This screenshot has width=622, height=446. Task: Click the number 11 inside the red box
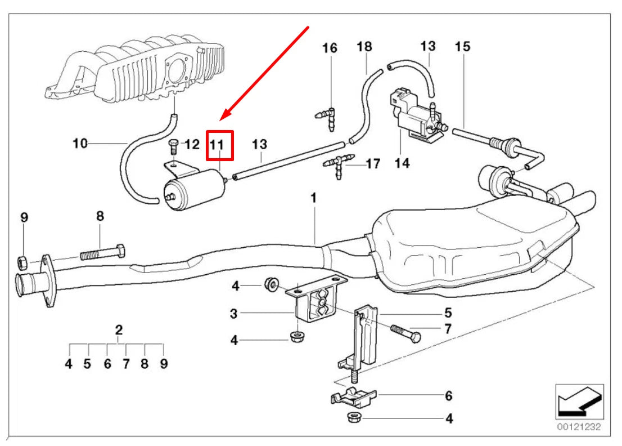click(x=218, y=145)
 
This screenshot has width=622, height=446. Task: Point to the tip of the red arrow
click(x=220, y=119)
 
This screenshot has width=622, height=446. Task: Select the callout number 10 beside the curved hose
click(x=80, y=144)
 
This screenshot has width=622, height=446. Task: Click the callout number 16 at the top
click(x=330, y=48)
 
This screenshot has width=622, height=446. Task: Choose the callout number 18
click(x=364, y=46)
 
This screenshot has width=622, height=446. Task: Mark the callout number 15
click(x=462, y=46)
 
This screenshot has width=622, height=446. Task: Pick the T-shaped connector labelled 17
click(x=339, y=164)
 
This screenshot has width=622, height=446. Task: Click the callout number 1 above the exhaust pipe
click(x=314, y=198)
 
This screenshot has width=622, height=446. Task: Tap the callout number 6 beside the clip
click(x=448, y=396)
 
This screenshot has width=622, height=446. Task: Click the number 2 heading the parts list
click(x=119, y=330)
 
